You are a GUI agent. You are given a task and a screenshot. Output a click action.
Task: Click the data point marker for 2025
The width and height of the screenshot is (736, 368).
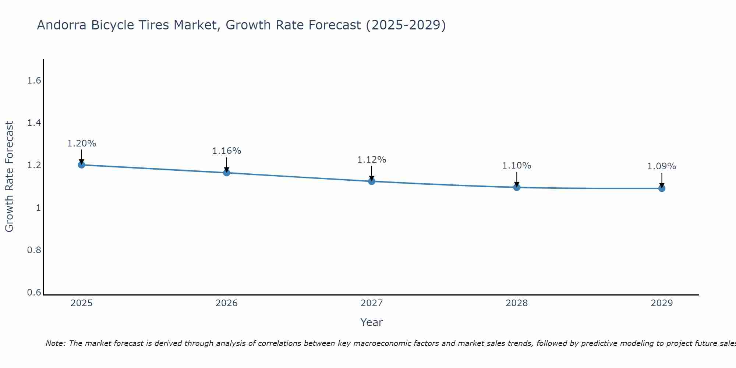point(81,164)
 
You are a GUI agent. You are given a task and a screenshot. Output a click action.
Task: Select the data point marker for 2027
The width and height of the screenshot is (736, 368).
point(372,181)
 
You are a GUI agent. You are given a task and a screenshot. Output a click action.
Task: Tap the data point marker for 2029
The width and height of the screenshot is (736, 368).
point(662,188)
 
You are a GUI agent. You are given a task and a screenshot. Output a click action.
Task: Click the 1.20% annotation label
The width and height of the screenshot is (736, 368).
point(82,144)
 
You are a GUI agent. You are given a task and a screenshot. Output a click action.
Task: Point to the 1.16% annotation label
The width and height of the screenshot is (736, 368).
point(227,151)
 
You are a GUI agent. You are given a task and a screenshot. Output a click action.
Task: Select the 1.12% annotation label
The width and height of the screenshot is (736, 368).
point(372,160)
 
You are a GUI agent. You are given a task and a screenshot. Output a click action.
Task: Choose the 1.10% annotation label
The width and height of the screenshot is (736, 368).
point(517,166)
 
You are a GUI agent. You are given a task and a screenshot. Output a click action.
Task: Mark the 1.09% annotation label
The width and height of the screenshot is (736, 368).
point(662,166)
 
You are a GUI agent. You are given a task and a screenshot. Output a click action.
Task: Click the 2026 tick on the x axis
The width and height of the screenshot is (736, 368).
point(227,303)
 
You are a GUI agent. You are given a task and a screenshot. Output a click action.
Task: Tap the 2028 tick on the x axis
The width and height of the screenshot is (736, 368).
point(517,303)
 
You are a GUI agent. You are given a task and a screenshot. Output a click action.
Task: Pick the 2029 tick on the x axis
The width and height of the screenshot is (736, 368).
point(662,303)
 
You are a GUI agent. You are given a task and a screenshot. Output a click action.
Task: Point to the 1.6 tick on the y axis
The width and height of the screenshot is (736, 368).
point(34,81)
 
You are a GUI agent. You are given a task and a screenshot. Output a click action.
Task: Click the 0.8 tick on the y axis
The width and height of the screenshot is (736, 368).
point(34,250)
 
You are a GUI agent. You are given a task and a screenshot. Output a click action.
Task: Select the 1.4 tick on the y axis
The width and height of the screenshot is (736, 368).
point(34,123)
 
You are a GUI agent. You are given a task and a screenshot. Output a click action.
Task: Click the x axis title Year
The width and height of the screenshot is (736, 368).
point(372,322)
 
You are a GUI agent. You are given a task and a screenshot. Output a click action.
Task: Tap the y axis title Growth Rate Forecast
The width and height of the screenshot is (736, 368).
point(9,177)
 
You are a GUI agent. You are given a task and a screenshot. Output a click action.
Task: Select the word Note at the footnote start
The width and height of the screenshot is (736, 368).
point(55,343)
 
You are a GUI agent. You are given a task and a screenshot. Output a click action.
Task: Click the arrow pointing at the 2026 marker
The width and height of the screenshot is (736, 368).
point(227,164)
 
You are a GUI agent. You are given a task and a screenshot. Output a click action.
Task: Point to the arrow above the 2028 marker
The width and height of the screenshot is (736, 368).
point(517,179)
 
